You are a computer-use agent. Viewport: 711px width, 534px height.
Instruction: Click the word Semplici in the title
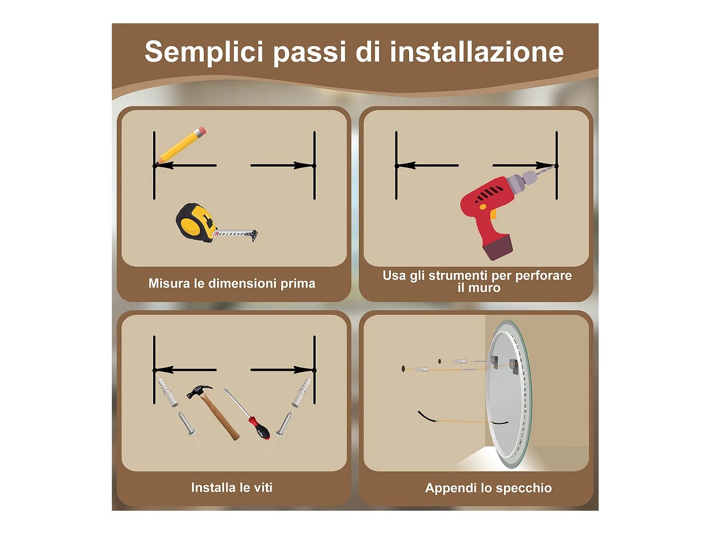pos(203,52)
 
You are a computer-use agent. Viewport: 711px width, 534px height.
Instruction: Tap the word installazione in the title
pos(476,52)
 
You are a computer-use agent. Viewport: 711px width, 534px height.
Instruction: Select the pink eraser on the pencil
pos(201,131)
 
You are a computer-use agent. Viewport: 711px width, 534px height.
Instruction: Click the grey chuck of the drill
pos(521,181)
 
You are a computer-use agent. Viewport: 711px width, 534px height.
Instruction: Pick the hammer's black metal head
pos(199,391)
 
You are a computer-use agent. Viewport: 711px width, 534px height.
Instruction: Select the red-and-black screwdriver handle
pos(259,428)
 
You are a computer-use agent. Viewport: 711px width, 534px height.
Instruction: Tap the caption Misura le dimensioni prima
pos(232,283)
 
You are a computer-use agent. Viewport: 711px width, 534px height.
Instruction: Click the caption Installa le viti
pos(232,487)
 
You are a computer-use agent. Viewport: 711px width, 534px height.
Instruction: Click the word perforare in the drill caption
pos(543,276)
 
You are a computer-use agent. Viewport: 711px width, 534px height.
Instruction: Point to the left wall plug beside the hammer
pos(168,393)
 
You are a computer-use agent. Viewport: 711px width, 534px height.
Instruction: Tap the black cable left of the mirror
pos(428,417)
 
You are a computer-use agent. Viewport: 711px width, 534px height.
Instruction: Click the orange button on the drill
pos(483,206)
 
